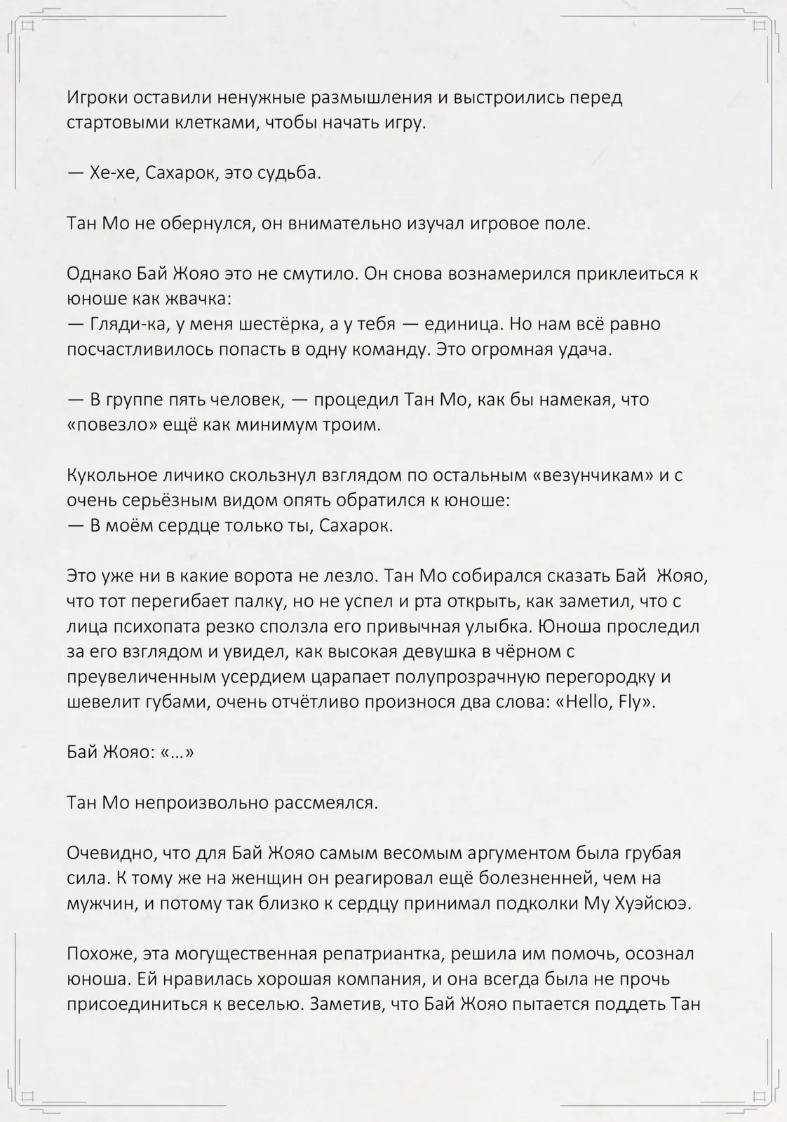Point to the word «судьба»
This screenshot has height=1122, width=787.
(x=290, y=173)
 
